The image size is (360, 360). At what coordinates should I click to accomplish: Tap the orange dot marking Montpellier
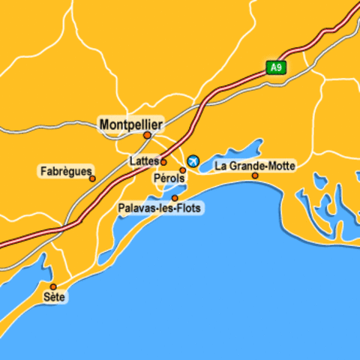(x=147, y=136)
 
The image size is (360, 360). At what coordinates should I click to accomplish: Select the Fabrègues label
(x=65, y=171)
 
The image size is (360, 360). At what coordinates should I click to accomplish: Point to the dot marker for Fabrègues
(x=92, y=178)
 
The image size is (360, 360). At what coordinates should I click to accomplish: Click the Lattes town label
(x=143, y=160)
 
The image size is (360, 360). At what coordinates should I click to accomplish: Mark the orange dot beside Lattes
(x=163, y=161)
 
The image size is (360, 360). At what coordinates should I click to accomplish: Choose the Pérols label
(x=168, y=178)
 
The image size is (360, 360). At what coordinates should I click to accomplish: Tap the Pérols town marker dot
(x=182, y=170)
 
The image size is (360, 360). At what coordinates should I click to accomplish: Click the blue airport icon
(x=193, y=160)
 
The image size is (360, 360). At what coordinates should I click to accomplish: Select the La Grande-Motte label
(x=255, y=165)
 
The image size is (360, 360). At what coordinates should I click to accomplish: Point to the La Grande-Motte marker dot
(x=255, y=176)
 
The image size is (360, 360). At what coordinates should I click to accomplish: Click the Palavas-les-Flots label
(x=159, y=208)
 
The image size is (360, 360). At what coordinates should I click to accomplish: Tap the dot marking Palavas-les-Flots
(x=175, y=198)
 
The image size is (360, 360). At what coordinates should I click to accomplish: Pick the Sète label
(x=54, y=298)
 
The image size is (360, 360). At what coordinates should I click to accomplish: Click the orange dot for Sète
(x=53, y=286)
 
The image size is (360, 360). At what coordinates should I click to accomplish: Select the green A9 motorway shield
(x=276, y=67)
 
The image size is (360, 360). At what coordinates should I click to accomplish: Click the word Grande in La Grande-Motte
(x=249, y=165)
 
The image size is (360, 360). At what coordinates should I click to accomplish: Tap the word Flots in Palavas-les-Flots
(x=187, y=208)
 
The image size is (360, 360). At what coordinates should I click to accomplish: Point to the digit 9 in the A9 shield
(x=279, y=67)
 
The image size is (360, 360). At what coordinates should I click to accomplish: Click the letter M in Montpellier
(x=105, y=124)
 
